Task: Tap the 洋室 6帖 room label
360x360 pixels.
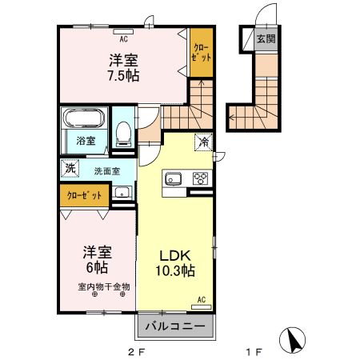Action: [95, 258]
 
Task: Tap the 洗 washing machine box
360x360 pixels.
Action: [70, 169]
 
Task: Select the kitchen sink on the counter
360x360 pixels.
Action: [174, 179]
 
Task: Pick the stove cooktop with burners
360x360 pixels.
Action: [199, 179]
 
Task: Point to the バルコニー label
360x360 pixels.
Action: [175, 326]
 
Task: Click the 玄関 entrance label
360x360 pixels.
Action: [265, 38]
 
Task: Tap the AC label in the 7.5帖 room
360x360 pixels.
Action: [123, 38]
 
